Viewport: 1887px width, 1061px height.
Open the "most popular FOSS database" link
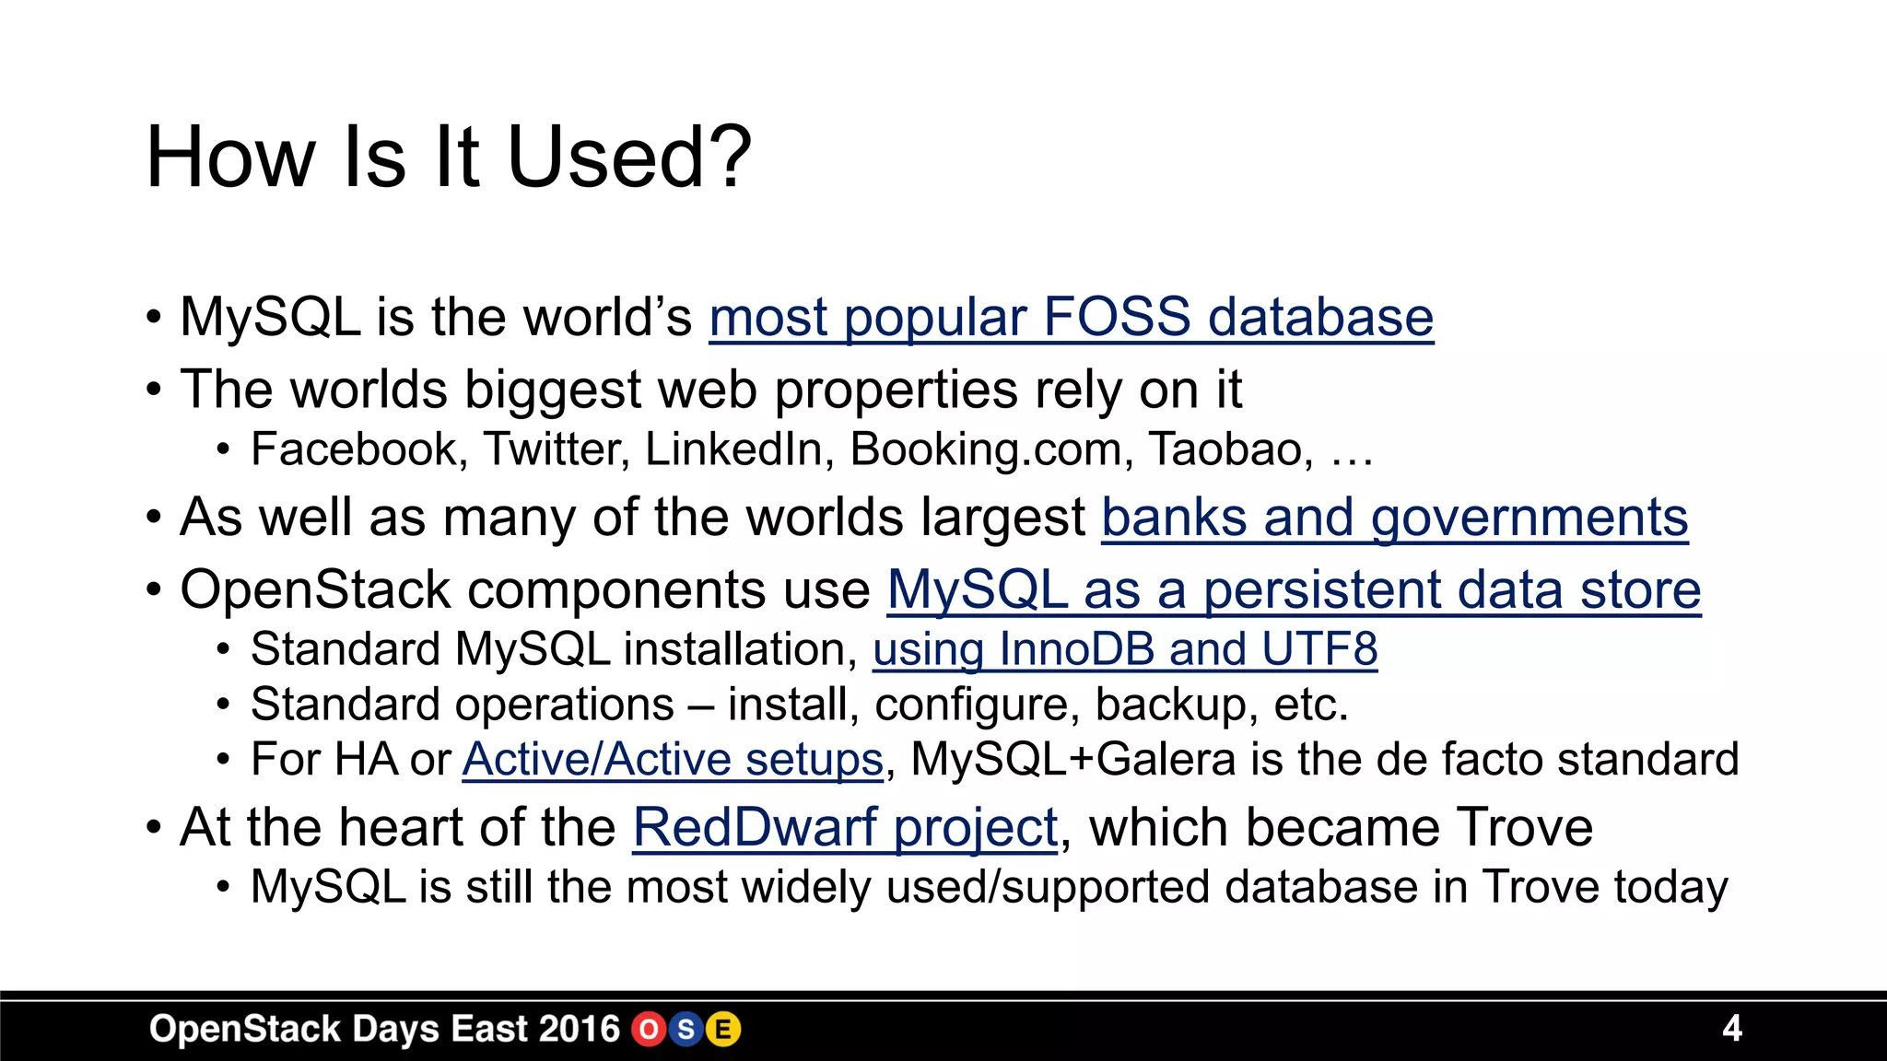1071,318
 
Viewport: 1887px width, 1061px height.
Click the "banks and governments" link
1394,518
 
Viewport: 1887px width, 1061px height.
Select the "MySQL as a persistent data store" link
1294,589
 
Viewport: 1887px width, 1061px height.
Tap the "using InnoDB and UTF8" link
1124,649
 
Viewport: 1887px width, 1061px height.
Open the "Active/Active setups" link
673,760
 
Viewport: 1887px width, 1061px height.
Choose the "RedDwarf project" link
845,827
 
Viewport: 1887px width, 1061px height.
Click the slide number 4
1731,1028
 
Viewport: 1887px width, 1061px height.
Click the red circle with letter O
649,1029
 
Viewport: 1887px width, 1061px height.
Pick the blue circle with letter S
686,1029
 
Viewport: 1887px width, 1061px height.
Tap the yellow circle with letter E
723,1029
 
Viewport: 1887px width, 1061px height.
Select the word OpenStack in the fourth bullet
314,589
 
